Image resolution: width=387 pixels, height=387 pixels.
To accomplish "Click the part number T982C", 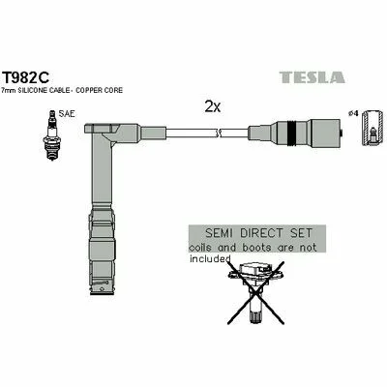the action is coord(26,77).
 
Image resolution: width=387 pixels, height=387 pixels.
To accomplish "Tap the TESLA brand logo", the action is coord(312,77).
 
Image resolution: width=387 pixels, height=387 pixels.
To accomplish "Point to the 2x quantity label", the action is coord(213,106).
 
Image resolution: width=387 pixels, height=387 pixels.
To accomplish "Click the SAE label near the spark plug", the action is coord(67,114).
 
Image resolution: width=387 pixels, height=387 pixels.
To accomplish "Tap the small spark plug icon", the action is coord(51,135).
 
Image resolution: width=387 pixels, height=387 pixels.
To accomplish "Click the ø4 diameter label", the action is coord(353,113).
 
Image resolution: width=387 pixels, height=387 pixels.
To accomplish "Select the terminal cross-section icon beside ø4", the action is coord(373,128).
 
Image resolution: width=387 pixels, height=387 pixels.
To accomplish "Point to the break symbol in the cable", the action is coord(218,133).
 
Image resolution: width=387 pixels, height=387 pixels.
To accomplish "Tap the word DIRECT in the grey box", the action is coord(261,233).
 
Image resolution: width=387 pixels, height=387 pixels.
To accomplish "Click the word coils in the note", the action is coord(201,248).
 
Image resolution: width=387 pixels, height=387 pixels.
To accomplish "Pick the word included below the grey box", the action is coord(210,258).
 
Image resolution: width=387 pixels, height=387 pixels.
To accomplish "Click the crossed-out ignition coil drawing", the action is coord(255,292).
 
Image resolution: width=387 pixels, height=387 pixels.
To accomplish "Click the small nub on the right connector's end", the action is coord(342,133).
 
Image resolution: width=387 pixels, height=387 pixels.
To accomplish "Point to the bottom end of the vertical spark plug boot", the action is coord(102,293).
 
